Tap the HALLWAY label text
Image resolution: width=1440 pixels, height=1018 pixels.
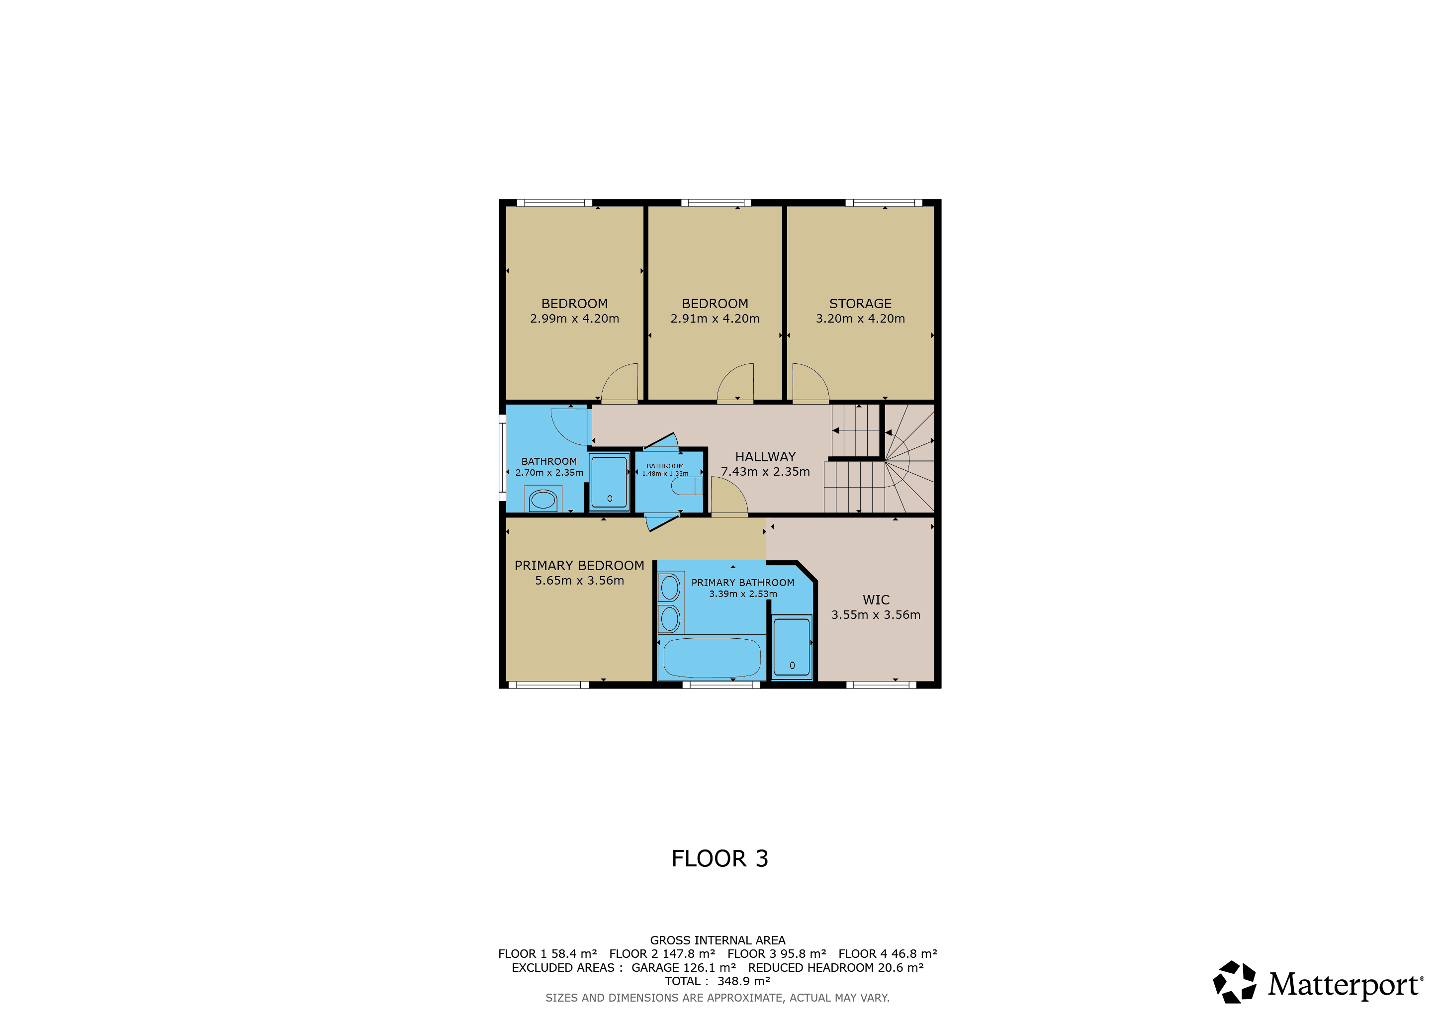[765, 457]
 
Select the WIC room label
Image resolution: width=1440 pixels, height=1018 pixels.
[876, 600]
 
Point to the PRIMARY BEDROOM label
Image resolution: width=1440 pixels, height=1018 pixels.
[579, 565]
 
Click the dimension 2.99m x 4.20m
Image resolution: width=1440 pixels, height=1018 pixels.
[574, 319]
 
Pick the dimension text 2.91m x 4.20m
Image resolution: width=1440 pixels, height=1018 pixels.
[715, 319]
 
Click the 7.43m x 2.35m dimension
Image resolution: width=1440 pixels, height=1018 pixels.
[765, 471]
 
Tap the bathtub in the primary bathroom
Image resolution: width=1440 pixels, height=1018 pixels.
[712, 658]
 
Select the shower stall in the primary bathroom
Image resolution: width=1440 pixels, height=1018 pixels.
[792, 647]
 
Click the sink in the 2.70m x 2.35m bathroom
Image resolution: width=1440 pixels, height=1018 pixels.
[543, 500]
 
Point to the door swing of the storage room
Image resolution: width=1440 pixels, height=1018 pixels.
[811, 382]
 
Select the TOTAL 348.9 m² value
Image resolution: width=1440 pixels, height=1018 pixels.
[718, 981]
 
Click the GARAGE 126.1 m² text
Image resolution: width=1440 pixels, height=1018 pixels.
[684, 967]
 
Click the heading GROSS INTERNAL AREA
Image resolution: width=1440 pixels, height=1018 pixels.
[718, 940]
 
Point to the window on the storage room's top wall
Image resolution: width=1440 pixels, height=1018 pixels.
[884, 202]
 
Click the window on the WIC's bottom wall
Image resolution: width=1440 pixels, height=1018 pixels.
[881, 684]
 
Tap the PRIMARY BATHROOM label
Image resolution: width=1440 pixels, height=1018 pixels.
[742, 583]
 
